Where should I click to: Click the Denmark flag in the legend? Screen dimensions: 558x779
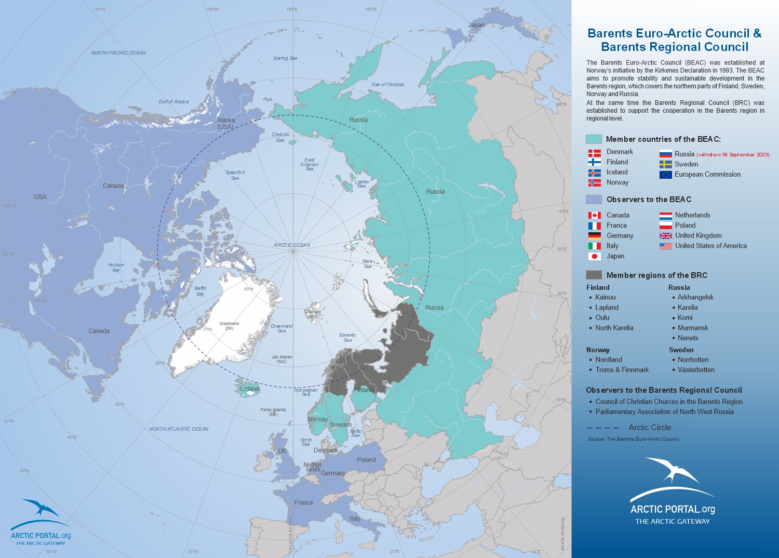(x=594, y=153)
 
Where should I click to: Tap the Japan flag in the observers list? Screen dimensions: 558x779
(x=594, y=256)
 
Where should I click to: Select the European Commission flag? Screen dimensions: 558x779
(x=665, y=175)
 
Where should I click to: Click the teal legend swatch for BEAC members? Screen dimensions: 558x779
(x=594, y=139)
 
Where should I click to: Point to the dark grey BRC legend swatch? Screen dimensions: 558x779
(x=594, y=275)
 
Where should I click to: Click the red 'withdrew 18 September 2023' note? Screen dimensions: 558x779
(x=733, y=155)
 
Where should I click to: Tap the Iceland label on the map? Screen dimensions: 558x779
(x=249, y=389)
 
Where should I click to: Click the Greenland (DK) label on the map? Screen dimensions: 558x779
(x=229, y=326)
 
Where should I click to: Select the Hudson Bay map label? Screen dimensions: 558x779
(x=116, y=267)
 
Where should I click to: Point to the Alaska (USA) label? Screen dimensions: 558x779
(x=226, y=123)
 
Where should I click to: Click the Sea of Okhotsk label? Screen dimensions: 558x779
(x=387, y=84)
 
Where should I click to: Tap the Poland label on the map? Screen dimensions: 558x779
(x=366, y=460)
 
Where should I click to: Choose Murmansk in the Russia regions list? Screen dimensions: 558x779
(x=692, y=328)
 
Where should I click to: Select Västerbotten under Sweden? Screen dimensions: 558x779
(x=696, y=370)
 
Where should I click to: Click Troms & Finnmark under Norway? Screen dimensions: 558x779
(x=622, y=370)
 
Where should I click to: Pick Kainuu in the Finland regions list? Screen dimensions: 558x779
(x=606, y=297)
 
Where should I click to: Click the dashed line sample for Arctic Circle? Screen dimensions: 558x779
(x=602, y=428)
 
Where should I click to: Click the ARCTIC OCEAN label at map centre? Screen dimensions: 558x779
(x=292, y=245)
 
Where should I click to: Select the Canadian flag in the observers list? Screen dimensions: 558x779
(x=594, y=215)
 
